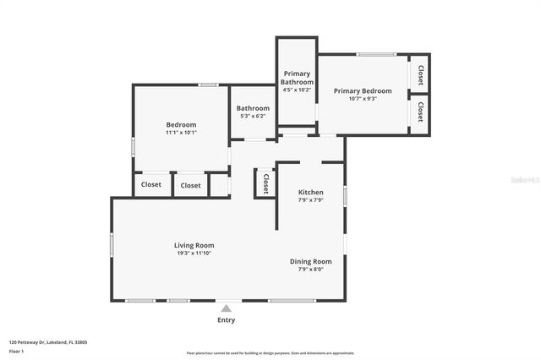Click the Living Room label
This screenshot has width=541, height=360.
click(194, 245)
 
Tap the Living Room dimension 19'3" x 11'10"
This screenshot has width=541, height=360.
click(194, 254)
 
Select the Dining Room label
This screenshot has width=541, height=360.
click(311, 261)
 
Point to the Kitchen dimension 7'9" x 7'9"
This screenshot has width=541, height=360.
click(311, 200)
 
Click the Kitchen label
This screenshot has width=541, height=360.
click(311, 192)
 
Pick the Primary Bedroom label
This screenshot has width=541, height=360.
click(363, 90)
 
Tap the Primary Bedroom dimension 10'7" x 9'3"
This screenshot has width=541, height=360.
click(363, 99)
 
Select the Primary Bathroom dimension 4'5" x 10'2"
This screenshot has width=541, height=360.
click(297, 90)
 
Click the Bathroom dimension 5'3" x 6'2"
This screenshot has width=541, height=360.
click(253, 116)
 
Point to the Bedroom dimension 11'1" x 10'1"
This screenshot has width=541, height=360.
click(181, 133)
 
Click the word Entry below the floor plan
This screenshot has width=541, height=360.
click(227, 320)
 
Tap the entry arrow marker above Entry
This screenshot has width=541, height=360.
click(227, 308)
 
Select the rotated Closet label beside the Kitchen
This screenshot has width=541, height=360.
click(265, 183)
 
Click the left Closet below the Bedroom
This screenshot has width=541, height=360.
click(151, 185)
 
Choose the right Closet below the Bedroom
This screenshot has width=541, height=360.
click(191, 185)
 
